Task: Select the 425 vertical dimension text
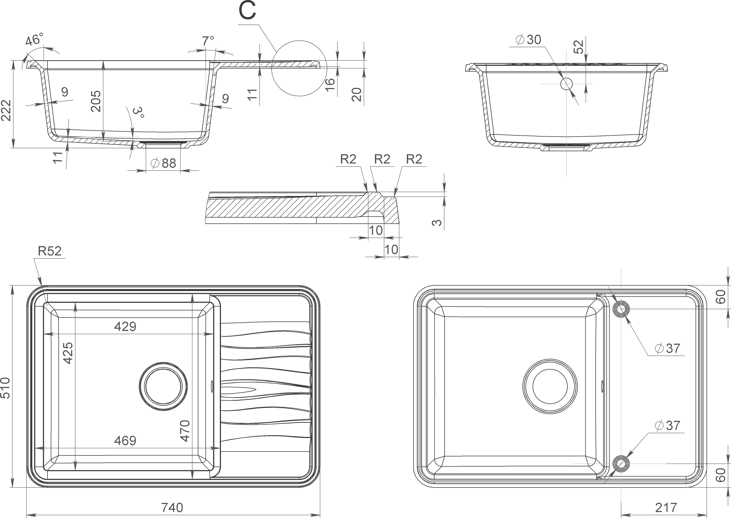pyautogui.click(x=68, y=353)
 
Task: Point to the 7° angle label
pyautogui.click(x=208, y=41)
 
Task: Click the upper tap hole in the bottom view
pyautogui.click(x=621, y=309)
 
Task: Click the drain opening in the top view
pyautogui.click(x=163, y=387)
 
